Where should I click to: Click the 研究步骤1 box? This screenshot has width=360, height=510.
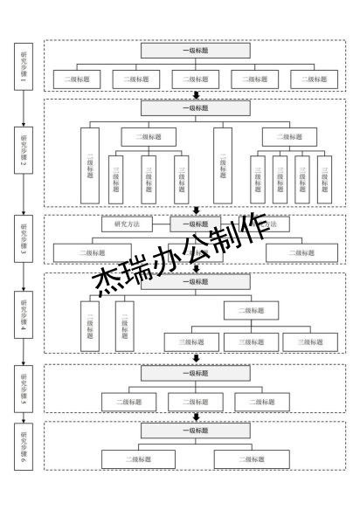(24, 65)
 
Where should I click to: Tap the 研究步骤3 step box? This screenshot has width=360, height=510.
(24, 237)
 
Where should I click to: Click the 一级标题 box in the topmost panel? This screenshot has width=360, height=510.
(195, 51)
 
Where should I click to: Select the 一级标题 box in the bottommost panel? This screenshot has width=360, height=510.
(195, 431)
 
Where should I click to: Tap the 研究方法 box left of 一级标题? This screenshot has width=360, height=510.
(127, 224)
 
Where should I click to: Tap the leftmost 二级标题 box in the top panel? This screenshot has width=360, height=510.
(77, 79)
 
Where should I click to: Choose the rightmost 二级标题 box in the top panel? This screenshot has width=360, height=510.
(314, 79)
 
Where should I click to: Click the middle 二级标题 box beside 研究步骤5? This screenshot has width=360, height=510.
(195, 402)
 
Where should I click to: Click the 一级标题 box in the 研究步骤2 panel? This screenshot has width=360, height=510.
(195, 108)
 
